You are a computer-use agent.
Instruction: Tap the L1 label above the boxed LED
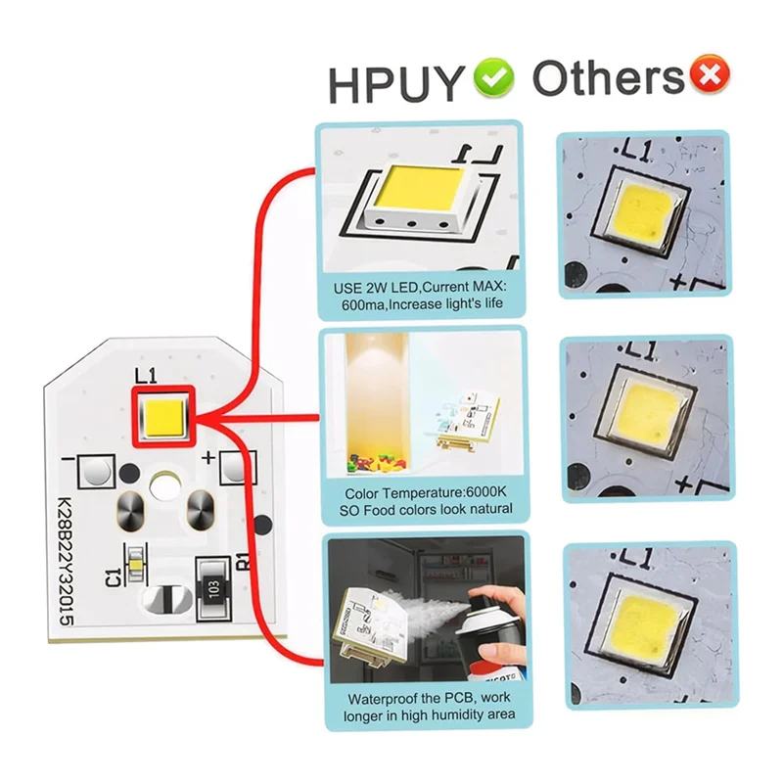[145, 373]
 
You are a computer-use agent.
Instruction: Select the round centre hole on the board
[162, 484]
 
